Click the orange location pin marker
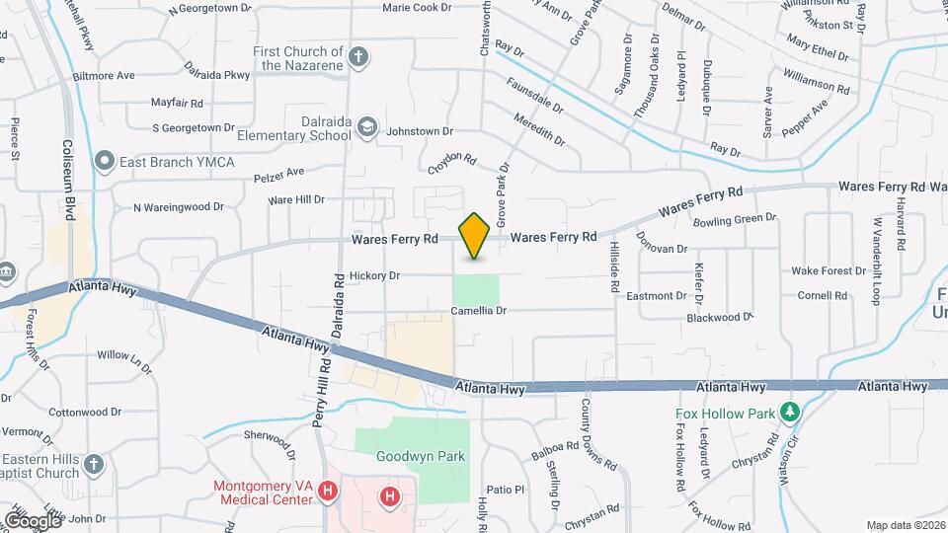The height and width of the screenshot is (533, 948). point(475,235)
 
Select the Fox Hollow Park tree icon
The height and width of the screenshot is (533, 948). point(789,412)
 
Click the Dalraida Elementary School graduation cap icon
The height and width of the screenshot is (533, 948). point(367,127)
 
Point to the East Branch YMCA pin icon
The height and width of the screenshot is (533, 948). point(104,161)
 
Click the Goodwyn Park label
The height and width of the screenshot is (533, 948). point(409,456)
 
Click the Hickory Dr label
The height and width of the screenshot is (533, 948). point(374,276)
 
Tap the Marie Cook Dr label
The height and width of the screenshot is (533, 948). point(416,7)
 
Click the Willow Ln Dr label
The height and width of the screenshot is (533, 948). point(124,360)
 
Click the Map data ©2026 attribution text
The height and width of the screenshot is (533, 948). point(906,525)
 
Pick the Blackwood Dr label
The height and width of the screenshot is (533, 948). point(720,318)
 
